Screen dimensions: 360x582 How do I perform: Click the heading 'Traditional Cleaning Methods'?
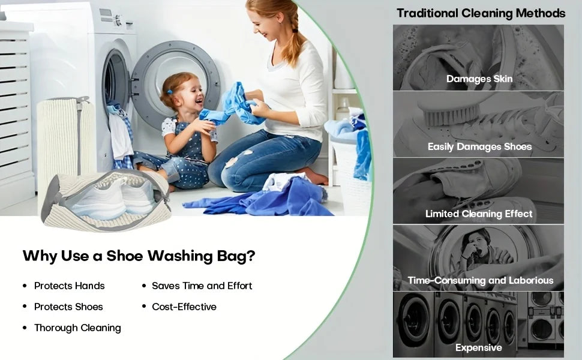pyautogui.click(x=481, y=13)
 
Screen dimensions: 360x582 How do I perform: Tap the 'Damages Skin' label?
pyautogui.click(x=479, y=79)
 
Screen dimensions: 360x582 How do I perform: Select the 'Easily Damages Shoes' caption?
pyautogui.click(x=479, y=146)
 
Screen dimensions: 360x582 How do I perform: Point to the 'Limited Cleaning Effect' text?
pyautogui.click(x=479, y=214)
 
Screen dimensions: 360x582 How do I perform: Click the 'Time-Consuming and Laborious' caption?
pyautogui.click(x=480, y=280)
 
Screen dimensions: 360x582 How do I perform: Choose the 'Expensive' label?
pyautogui.click(x=478, y=347)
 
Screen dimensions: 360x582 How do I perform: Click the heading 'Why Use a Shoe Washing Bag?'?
pyautogui.click(x=139, y=256)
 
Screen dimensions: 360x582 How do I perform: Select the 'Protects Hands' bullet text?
pyautogui.click(x=69, y=286)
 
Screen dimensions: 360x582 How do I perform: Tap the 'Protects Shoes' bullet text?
pyautogui.click(x=68, y=307)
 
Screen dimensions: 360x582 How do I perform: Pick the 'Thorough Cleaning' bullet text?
pyautogui.click(x=77, y=328)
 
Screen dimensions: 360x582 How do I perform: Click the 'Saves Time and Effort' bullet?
pyautogui.click(x=202, y=286)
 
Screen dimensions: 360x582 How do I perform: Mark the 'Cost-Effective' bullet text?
pyautogui.click(x=184, y=307)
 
